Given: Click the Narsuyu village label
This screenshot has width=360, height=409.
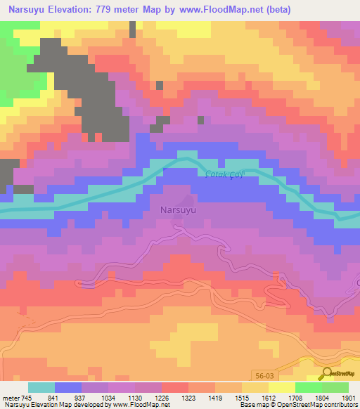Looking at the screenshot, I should pyautogui.click(x=178, y=210).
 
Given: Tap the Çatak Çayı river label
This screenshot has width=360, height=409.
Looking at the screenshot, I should pyautogui.click(x=224, y=175).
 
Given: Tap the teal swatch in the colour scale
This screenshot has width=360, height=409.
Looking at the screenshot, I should pyautogui.click(x=41, y=387).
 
